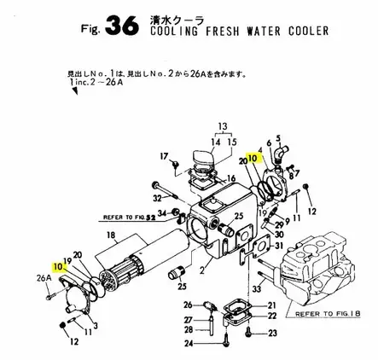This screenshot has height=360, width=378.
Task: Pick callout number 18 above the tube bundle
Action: [109, 234]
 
